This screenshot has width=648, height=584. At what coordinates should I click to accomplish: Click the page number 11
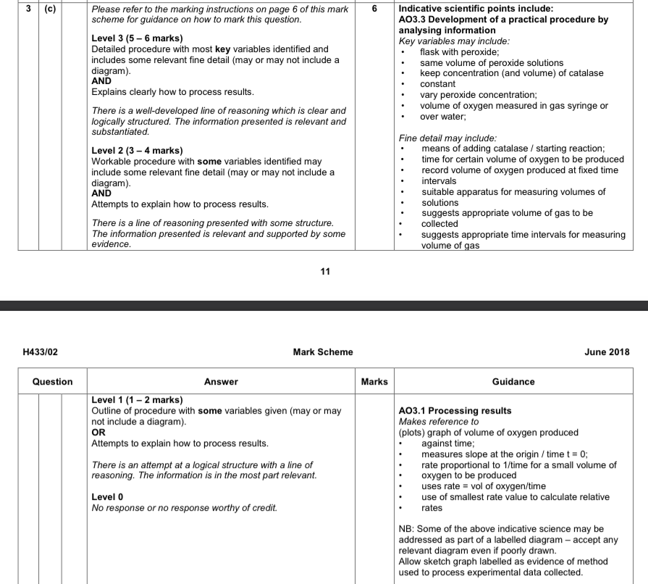point(324,272)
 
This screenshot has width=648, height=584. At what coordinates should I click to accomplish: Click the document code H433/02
point(41,352)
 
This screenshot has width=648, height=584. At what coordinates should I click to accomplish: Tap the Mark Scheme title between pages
point(323,352)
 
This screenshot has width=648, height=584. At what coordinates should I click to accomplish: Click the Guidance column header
point(513,381)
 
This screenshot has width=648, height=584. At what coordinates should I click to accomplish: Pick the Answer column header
point(221,381)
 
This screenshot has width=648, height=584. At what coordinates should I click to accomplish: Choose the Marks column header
point(374,381)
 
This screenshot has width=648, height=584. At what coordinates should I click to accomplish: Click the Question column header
point(52,381)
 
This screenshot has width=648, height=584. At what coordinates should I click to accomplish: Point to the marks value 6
point(374,9)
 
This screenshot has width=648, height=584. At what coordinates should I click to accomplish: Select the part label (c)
point(51,9)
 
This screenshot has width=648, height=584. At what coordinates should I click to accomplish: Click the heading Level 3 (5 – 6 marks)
point(137,38)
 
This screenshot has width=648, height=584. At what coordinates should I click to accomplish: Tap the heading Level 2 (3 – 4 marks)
point(137,151)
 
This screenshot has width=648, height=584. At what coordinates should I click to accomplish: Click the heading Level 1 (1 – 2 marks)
point(137,400)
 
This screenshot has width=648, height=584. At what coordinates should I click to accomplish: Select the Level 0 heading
point(107,497)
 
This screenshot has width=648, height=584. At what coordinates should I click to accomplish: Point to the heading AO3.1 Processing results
point(455,411)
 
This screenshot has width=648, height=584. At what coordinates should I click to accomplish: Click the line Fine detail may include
point(447,138)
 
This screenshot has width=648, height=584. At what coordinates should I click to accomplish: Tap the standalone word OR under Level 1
point(98,433)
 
